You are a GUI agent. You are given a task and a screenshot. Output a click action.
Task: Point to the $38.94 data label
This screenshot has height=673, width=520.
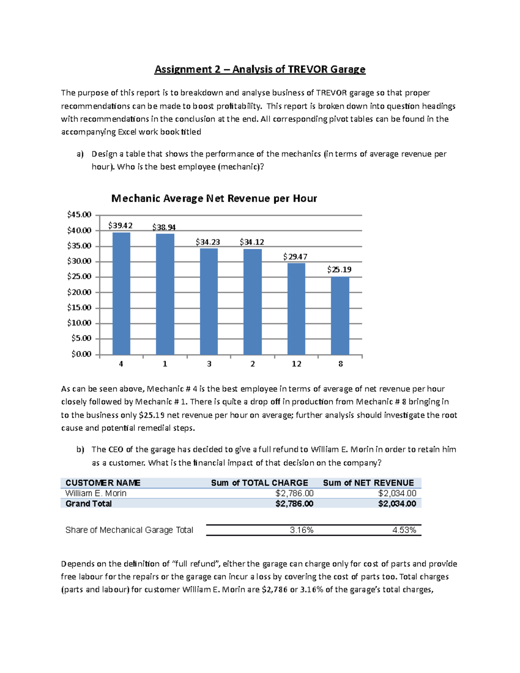[164, 227]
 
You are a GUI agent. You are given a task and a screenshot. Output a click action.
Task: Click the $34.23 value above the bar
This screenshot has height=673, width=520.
[208, 242]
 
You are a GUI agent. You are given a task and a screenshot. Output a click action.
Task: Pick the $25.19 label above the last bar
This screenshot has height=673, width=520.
[339, 270]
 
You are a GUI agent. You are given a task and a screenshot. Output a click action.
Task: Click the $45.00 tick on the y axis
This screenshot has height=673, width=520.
[79, 215]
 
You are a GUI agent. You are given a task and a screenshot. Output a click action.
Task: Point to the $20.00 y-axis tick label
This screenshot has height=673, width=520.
[79, 292]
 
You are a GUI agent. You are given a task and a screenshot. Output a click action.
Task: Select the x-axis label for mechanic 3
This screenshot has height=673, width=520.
[209, 364]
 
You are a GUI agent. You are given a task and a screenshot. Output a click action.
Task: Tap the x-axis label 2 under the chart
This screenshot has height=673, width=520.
[253, 364]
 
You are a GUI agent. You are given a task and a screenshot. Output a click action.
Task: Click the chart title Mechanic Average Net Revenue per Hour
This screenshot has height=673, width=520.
[214, 198]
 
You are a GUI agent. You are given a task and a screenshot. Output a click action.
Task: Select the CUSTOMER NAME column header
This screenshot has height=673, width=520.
[103, 483]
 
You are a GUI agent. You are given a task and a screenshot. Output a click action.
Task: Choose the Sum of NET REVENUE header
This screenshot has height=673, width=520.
[368, 483]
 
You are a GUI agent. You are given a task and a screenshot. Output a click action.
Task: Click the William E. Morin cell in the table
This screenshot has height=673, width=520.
[96, 493]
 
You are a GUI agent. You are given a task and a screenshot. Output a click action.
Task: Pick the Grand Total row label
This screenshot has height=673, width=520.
[88, 504]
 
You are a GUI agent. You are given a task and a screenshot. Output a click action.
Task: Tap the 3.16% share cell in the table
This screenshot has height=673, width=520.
[302, 530]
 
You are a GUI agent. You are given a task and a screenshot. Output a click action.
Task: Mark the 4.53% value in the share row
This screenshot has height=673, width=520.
[404, 530]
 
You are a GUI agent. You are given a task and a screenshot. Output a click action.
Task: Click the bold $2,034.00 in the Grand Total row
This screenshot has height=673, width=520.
[397, 504]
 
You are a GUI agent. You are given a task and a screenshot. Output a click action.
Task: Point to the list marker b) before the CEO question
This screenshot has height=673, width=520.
[80, 449]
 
